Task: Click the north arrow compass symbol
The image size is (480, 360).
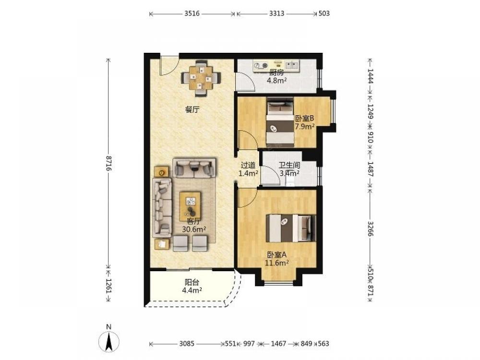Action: (108, 341)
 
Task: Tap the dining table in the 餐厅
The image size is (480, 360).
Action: (201, 78)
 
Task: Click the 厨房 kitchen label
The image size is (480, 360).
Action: (276, 72)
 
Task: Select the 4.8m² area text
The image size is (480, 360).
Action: (277, 81)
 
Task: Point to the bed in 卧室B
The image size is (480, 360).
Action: (280, 121)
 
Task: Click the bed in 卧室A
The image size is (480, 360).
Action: (290, 228)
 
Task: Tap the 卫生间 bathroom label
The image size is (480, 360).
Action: (289, 165)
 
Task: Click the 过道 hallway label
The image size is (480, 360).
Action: (248, 165)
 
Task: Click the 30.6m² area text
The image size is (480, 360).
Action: (194, 229)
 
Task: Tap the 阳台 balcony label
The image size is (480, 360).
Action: (192, 283)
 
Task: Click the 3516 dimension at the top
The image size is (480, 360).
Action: (192, 13)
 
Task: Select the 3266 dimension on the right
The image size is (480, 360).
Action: (370, 228)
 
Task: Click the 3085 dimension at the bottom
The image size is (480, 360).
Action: (187, 344)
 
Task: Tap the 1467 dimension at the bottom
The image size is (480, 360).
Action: (278, 344)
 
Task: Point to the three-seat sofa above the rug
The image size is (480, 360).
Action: (194, 168)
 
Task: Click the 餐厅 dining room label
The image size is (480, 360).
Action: (192, 109)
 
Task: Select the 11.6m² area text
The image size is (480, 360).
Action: (277, 263)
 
